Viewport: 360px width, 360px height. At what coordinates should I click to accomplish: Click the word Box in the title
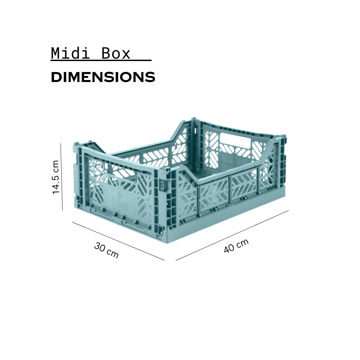point(116,53)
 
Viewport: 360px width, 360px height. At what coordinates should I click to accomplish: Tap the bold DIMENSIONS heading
point(103,77)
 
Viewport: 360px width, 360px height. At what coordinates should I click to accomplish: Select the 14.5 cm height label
point(56,177)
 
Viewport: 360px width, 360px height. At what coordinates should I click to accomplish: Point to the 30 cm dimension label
point(106,250)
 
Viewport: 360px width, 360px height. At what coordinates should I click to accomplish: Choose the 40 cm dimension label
point(236,246)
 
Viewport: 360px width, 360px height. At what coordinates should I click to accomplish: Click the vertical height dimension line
point(62,177)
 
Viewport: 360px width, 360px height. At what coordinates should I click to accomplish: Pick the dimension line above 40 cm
point(232,235)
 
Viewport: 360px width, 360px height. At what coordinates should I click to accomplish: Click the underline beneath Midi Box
point(101,61)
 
